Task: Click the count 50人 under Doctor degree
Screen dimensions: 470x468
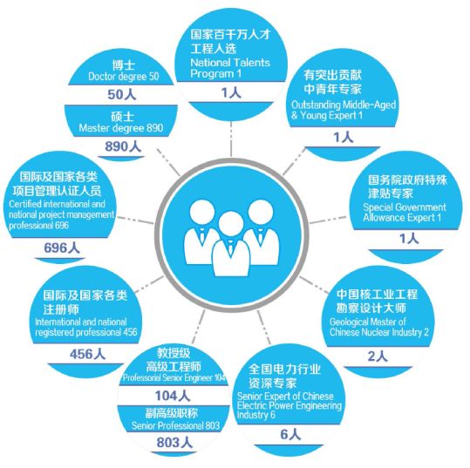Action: (x=122, y=94)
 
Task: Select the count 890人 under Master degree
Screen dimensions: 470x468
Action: (x=123, y=146)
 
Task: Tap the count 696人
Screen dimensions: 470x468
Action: (x=62, y=248)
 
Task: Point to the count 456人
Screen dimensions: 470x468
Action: (x=87, y=354)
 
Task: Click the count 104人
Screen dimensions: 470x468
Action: (x=173, y=396)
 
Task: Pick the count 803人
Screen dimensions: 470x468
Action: (x=174, y=443)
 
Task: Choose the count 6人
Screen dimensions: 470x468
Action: (x=290, y=434)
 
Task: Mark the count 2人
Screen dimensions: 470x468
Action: (x=378, y=356)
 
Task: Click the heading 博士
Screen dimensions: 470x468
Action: (x=124, y=64)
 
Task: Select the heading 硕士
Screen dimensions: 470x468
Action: (x=122, y=116)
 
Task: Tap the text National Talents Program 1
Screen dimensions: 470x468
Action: (x=230, y=68)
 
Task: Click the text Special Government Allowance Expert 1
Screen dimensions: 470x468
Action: (x=405, y=212)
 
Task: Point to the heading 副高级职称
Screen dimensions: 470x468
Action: (x=172, y=413)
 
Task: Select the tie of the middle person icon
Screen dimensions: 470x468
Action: (x=230, y=248)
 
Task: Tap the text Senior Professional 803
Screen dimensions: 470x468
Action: (x=175, y=425)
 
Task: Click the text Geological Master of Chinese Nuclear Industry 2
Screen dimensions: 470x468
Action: (x=378, y=327)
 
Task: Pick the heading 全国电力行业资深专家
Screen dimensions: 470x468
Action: (x=284, y=376)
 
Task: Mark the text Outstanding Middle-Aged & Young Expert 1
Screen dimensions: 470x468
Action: (x=344, y=110)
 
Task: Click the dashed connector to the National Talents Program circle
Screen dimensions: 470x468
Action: (x=231, y=139)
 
